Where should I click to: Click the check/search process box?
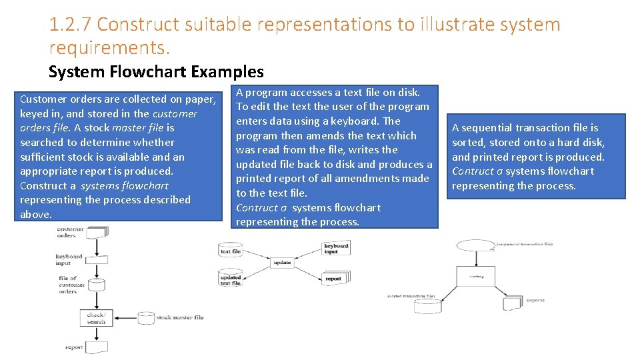tap(96, 318)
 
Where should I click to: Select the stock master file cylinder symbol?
tap(143, 318)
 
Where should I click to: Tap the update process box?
tap(282, 262)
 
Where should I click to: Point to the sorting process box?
tap(476, 276)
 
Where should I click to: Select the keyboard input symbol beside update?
tap(336, 248)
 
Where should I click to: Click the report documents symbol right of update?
tap(335, 277)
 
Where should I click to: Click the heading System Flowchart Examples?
tap(156, 71)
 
